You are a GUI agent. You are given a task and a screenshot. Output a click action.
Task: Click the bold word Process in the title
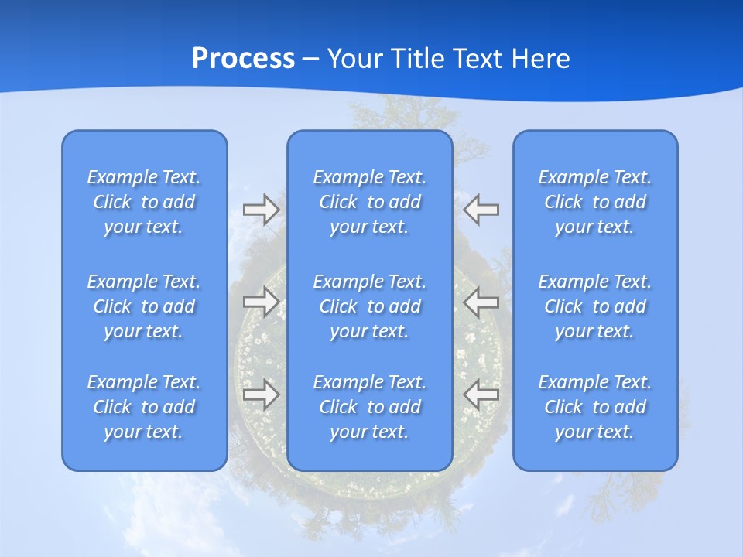[243, 59]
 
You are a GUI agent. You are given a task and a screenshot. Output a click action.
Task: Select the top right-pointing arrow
[261, 210]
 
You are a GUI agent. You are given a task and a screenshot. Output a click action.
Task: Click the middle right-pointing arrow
[261, 302]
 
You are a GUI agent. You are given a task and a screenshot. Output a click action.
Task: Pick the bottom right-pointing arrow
[261, 394]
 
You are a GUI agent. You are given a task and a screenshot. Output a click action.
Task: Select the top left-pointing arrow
[481, 210]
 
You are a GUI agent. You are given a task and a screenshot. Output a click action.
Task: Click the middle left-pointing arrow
[481, 302]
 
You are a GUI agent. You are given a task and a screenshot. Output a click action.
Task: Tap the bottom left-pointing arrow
[481, 394]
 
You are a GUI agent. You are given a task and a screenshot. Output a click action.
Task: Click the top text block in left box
[144, 202]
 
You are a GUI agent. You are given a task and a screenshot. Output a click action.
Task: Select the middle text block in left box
[144, 306]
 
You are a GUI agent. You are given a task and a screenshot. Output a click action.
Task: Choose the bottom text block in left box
[144, 407]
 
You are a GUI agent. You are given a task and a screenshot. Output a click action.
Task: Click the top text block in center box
[369, 202]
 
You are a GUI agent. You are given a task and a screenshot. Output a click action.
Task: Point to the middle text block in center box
[369, 306]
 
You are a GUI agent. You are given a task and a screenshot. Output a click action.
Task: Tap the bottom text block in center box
[369, 407]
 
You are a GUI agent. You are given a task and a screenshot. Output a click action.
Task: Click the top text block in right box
[594, 202]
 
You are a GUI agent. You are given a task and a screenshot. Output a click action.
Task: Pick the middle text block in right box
[594, 306]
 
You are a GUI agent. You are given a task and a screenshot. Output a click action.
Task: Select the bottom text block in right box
[594, 407]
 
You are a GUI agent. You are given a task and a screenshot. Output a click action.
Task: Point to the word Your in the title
[355, 59]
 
